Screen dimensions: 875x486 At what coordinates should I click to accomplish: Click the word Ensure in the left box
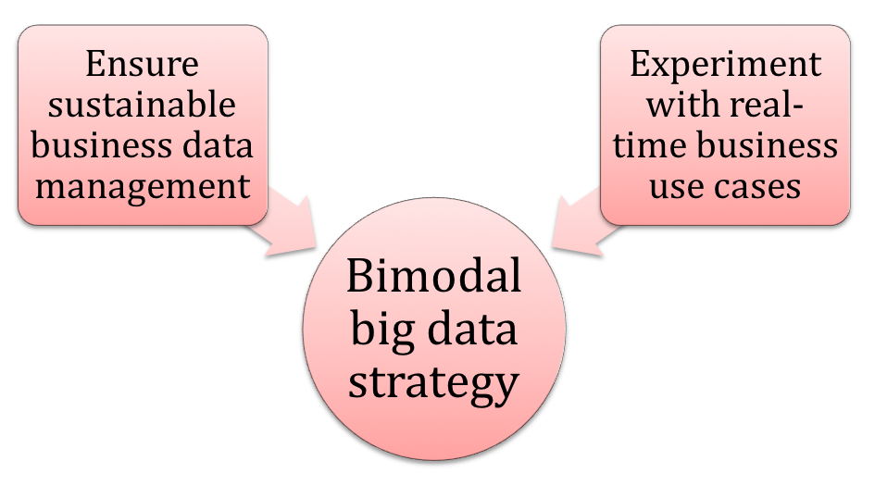pyautogui.click(x=142, y=64)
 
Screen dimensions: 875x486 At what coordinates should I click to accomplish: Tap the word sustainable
pyautogui.click(x=142, y=105)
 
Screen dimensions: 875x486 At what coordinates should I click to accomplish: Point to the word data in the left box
pyautogui.click(x=219, y=145)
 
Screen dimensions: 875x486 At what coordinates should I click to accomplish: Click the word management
pyautogui.click(x=143, y=188)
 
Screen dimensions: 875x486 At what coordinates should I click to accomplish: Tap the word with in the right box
pyautogui.click(x=675, y=105)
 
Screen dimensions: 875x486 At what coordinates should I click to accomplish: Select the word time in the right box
pyautogui.click(x=649, y=145)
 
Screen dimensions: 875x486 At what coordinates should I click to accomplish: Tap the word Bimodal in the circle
pyautogui.click(x=434, y=275)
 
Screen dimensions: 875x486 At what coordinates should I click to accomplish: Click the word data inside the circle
pyautogui.click(x=472, y=330)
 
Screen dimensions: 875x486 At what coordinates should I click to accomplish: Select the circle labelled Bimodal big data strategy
pyautogui.click(x=434, y=330)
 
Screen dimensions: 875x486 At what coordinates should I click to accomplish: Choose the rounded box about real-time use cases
pyautogui.click(x=725, y=125)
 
